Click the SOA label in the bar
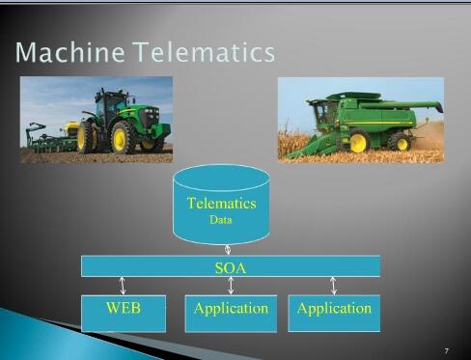coord(230,267)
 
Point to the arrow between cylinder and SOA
coord(228,250)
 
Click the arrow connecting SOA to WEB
coord(123,286)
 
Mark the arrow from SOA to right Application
coord(334,286)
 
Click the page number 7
coord(447,349)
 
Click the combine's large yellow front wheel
coord(359,143)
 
